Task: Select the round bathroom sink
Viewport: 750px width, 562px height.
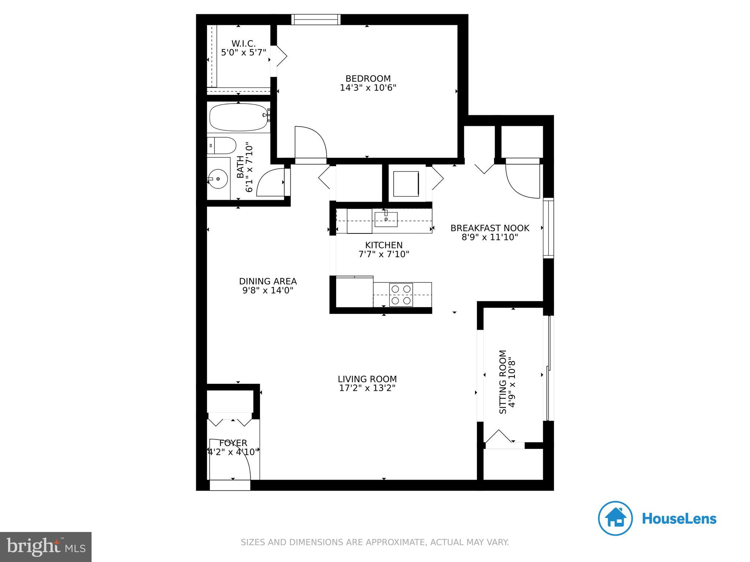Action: [218, 179]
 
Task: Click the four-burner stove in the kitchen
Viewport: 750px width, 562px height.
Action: [401, 295]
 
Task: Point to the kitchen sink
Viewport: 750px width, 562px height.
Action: [386, 219]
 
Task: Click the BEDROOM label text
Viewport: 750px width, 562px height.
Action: [368, 79]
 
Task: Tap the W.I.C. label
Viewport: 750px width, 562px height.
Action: [244, 44]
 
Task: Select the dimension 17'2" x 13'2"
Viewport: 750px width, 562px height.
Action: [367, 388]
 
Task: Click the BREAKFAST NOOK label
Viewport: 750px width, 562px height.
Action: [490, 228]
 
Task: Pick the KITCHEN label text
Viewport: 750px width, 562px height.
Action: [383, 245]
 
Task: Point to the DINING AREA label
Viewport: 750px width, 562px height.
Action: [268, 281]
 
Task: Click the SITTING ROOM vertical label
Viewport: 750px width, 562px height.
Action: [503, 382]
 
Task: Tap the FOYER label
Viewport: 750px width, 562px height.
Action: [233, 443]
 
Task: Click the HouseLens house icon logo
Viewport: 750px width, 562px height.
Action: [615, 518]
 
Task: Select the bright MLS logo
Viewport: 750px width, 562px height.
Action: [45, 547]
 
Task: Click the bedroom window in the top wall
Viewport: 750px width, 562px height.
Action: [316, 19]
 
